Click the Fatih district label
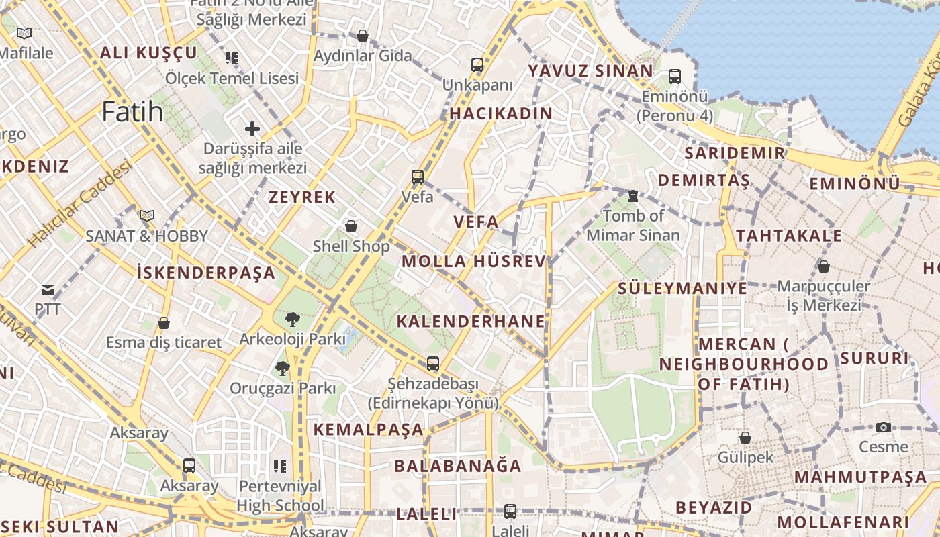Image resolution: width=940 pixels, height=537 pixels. pos(132,111)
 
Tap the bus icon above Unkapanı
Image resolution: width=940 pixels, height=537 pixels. pos(477,65)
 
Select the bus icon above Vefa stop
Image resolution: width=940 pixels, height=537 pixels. pos(418,177)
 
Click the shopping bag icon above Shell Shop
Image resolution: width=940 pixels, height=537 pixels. pos(351,226)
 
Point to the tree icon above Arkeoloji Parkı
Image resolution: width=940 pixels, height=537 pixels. pos(292,319)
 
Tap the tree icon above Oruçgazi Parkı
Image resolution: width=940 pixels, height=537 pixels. pos(283,368)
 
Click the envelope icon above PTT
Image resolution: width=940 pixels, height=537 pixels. pos(48,290)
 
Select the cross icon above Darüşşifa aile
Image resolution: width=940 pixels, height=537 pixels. pos(252,128)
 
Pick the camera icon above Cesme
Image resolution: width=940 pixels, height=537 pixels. pos(884,427)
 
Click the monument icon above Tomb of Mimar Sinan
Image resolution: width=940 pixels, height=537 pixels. pos(632,196)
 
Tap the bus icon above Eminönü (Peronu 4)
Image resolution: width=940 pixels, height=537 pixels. pos(675,77)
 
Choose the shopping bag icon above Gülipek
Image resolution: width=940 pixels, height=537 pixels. pos(745,438)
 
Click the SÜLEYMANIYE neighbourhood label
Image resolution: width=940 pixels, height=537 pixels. pos(682,289)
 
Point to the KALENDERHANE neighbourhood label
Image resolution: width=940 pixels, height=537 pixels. pos(471,321)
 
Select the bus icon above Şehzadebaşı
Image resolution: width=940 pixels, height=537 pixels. pos(433,364)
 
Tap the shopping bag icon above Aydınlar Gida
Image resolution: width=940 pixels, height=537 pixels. pos(363,36)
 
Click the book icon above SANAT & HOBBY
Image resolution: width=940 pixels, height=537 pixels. pos(146,215)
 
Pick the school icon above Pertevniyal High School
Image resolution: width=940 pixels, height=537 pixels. pos(280,466)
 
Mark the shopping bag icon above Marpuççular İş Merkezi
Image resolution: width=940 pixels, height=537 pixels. pos(824,266)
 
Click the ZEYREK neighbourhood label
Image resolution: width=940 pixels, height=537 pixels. pos(302,197)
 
